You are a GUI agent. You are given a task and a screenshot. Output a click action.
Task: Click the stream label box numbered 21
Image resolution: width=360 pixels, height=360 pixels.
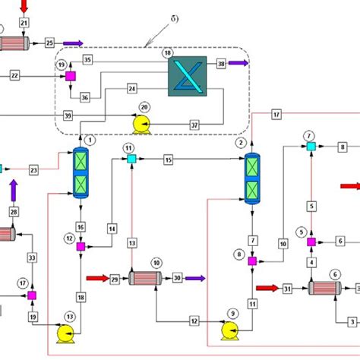point(24,24)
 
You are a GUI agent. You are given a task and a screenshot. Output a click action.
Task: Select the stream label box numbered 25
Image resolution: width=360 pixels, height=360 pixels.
point(50,43)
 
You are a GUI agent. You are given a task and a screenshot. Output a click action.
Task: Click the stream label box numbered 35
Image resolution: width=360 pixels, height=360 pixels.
point(88,59)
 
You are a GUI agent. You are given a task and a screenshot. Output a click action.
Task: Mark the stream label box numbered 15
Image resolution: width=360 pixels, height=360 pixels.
point(169,159)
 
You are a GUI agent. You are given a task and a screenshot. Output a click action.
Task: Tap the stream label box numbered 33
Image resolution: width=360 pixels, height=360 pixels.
point(31,258)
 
